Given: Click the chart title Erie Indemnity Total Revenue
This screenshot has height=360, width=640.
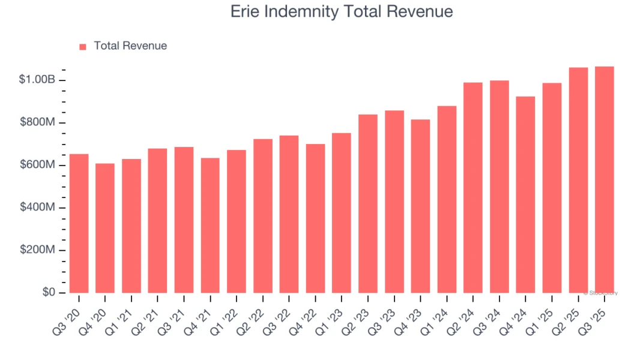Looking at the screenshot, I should pyautogui.click(x=342, y=11).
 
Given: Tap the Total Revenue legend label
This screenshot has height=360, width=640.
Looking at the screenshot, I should pyautogui.click(x=130, y=46).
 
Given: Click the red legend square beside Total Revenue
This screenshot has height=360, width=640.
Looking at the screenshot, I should pyautogui.click(x=83, y=46).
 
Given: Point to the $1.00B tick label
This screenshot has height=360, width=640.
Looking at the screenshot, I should pyautogui.click(x=37, y=80).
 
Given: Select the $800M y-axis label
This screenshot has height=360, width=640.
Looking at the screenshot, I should pyautogui.click(x=37, y=122).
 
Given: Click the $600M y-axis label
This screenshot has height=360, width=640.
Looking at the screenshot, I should pyautogui.click(x=37, y=165).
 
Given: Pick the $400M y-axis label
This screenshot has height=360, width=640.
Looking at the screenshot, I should pyautogui.click(x=37, y=208).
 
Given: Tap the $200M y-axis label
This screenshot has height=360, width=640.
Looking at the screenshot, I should pyautogui.click(x=37, y=250).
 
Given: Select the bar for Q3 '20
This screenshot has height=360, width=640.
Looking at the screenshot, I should pyautogui.click(x=79, y=223).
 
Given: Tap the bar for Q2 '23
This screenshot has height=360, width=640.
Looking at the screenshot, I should pyautogui.click(x=368, y=203).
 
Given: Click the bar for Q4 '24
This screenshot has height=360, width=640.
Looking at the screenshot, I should pyautogui.click(x=525, y=194).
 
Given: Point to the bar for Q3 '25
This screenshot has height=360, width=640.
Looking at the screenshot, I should pyautogui.click(x=604, y=179).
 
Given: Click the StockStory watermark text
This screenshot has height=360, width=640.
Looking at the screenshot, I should pyautogui.click(x=600, y=293).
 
